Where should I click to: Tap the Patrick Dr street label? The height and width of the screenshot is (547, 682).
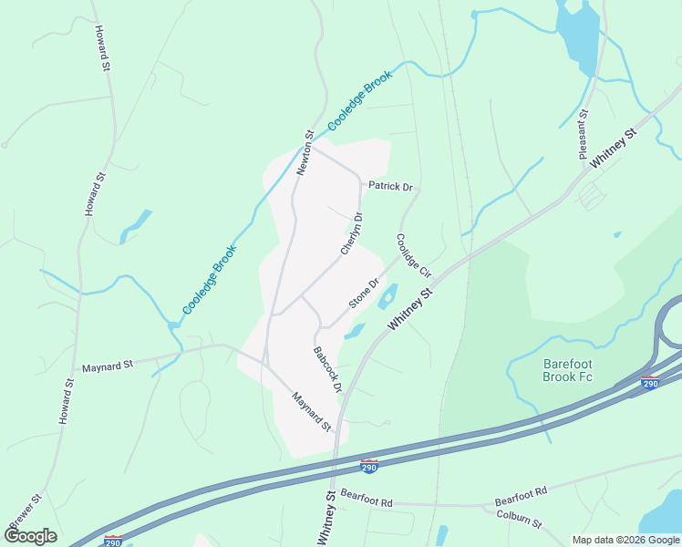(x=390, y=187)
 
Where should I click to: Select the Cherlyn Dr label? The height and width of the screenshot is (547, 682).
(x=352, y=234)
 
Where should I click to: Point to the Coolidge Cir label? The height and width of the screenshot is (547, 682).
(x=413, y=255)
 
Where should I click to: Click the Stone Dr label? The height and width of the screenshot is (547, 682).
(x=363, y=294)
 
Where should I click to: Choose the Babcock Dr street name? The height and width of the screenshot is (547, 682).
(x=326, y=369)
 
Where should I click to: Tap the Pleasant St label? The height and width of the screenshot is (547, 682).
(x=584, y=135)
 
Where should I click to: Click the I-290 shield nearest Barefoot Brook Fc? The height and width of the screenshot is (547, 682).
(x=649, y=383)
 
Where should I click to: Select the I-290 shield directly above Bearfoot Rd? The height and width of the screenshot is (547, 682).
(x=368, y=467)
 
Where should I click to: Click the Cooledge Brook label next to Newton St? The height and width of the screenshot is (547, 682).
(x=359, y=99)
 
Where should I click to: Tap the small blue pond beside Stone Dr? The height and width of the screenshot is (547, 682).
(x=387, y=294)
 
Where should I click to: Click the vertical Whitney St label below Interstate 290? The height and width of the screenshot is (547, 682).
(x=325, y=519)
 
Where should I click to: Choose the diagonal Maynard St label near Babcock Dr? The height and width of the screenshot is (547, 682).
(x=311, y=411)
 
